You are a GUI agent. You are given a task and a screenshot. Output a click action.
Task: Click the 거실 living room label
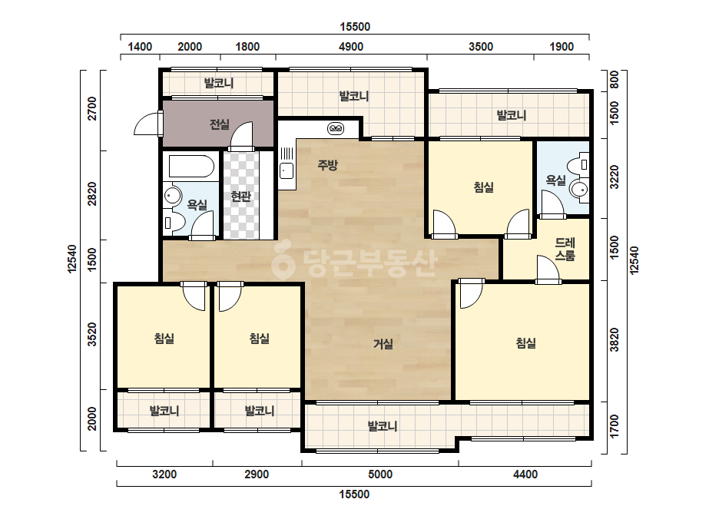pyautogui.click(x=383, y=344)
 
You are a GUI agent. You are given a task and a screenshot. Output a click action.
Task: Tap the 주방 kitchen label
pyautogui.click(x=328, y=164)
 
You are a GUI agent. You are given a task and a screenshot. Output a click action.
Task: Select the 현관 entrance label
pyautogui.click(x=240, y=197)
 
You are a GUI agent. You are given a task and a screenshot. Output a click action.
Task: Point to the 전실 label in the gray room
pyautogui.click(x=219, y=124)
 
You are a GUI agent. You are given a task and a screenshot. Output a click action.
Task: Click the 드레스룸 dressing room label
pyautogui.click(x=565, y=249)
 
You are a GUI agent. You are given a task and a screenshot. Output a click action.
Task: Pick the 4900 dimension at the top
pyautogui.click(x=351, y=47)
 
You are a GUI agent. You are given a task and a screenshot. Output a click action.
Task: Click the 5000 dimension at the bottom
pyautogui.click(x=380, y=474)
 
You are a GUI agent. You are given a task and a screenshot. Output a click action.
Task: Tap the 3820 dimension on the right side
pyautogui.click(x=614, y=340)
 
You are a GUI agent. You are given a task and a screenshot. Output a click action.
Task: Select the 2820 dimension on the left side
pyautogui.click(x=91, y=194)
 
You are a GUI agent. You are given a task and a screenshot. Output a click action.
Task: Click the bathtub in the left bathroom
pyautogui.click(x=191, y=167)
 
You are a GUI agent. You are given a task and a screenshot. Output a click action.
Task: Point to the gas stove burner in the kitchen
pyautogui.click(x=336, y=129)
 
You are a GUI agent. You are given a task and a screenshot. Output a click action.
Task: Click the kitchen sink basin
pyautogui.click(x=287, y=171)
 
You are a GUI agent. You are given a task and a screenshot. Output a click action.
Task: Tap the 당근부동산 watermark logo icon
pyautogui.click(x=283, y=263)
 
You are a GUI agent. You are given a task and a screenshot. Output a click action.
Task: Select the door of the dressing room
pyautogui.click(x=548, y=270)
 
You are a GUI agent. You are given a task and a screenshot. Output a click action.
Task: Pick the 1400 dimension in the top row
pyautogui.click(x=140, y=47)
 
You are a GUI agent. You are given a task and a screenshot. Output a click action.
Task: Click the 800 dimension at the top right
pyautogui.click(x=614, y=80)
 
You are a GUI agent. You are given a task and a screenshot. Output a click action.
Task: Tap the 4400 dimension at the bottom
pyautogui.click(x=525, y=474)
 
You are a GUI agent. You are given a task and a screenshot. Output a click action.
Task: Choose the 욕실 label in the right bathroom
pyautogui.click(x=555, y=180)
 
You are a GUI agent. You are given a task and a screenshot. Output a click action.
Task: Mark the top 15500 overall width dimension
pyautogui.click(x=355, y=27)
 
